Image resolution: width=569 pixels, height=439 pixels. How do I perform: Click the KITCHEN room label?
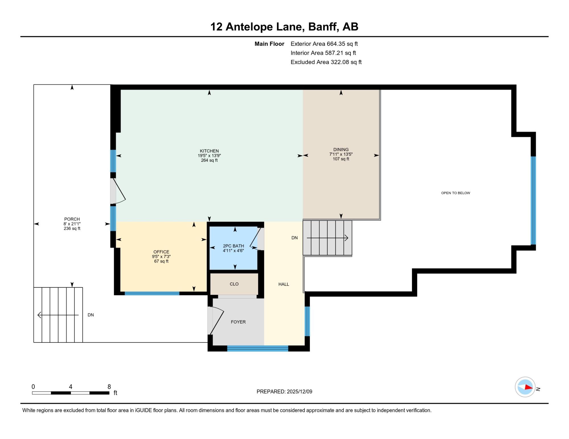209,151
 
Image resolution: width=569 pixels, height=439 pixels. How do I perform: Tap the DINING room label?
341,149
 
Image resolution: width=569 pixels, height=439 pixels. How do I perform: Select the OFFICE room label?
161,252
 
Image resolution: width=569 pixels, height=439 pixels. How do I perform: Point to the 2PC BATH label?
233,246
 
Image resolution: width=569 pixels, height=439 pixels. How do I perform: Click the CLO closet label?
234,284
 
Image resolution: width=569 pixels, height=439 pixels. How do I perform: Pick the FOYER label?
238,322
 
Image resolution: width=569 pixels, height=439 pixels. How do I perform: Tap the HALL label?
284,284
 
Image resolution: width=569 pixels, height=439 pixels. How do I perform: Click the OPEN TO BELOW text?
455,193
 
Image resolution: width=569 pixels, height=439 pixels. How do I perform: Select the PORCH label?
72,219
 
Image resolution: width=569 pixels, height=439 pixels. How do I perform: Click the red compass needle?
528,387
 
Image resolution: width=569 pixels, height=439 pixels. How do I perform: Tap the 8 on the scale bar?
109,387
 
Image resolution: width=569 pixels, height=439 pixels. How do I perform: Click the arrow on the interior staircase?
327,238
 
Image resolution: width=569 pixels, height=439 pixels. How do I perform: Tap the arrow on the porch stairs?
58,315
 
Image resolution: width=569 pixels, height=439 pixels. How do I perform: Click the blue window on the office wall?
152,294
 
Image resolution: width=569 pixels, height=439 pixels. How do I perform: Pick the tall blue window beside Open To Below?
533,200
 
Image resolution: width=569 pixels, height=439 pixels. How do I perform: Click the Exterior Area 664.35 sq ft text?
324,44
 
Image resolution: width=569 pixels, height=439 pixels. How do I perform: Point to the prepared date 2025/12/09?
300,392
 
